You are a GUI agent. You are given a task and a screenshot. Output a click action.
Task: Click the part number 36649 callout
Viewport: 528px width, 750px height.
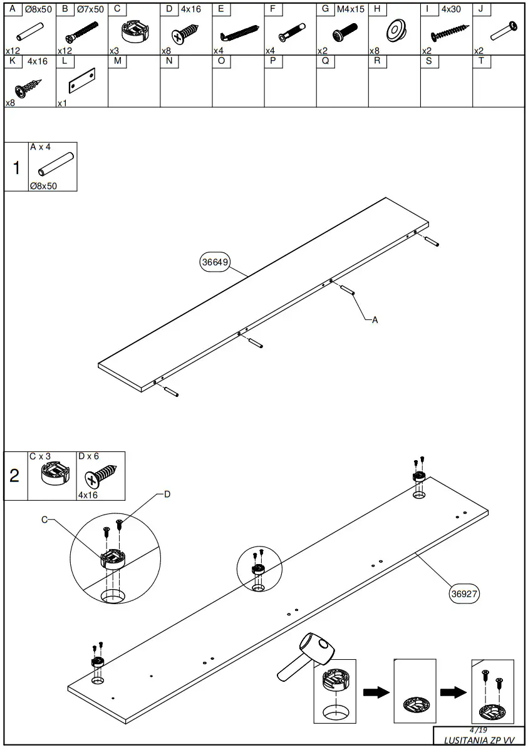tap(215, 262)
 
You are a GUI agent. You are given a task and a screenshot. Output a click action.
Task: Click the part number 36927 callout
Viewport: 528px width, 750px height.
tap(464, 594)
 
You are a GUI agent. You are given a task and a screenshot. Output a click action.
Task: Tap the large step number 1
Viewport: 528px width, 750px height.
tap(16, 168)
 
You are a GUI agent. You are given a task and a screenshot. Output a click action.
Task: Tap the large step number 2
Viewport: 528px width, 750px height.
tap(15, 476)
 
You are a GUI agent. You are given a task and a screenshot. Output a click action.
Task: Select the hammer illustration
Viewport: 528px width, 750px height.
tap(307, 657)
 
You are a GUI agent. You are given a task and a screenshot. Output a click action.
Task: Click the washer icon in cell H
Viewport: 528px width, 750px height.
tap(395, 30)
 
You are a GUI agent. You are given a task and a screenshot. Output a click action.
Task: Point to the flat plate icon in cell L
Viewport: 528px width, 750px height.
tap(81, 81)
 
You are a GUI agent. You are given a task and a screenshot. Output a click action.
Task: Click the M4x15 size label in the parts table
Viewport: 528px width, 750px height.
tap(351, 9)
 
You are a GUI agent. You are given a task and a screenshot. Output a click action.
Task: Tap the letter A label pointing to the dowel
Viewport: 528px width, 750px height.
tap(375, 320)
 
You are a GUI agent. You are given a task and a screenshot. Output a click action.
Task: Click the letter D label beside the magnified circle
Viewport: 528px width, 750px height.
tap(167, 495)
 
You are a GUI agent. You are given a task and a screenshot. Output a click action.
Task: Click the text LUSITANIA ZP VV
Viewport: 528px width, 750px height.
tap(479, 740)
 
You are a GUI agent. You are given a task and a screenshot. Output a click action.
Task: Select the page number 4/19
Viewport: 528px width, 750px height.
tap(478, 730)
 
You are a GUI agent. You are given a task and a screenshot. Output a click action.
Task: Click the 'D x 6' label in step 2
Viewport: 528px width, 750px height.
tap(89, 456)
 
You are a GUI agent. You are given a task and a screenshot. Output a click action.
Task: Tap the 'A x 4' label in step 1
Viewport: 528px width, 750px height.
tap(40, 146)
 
